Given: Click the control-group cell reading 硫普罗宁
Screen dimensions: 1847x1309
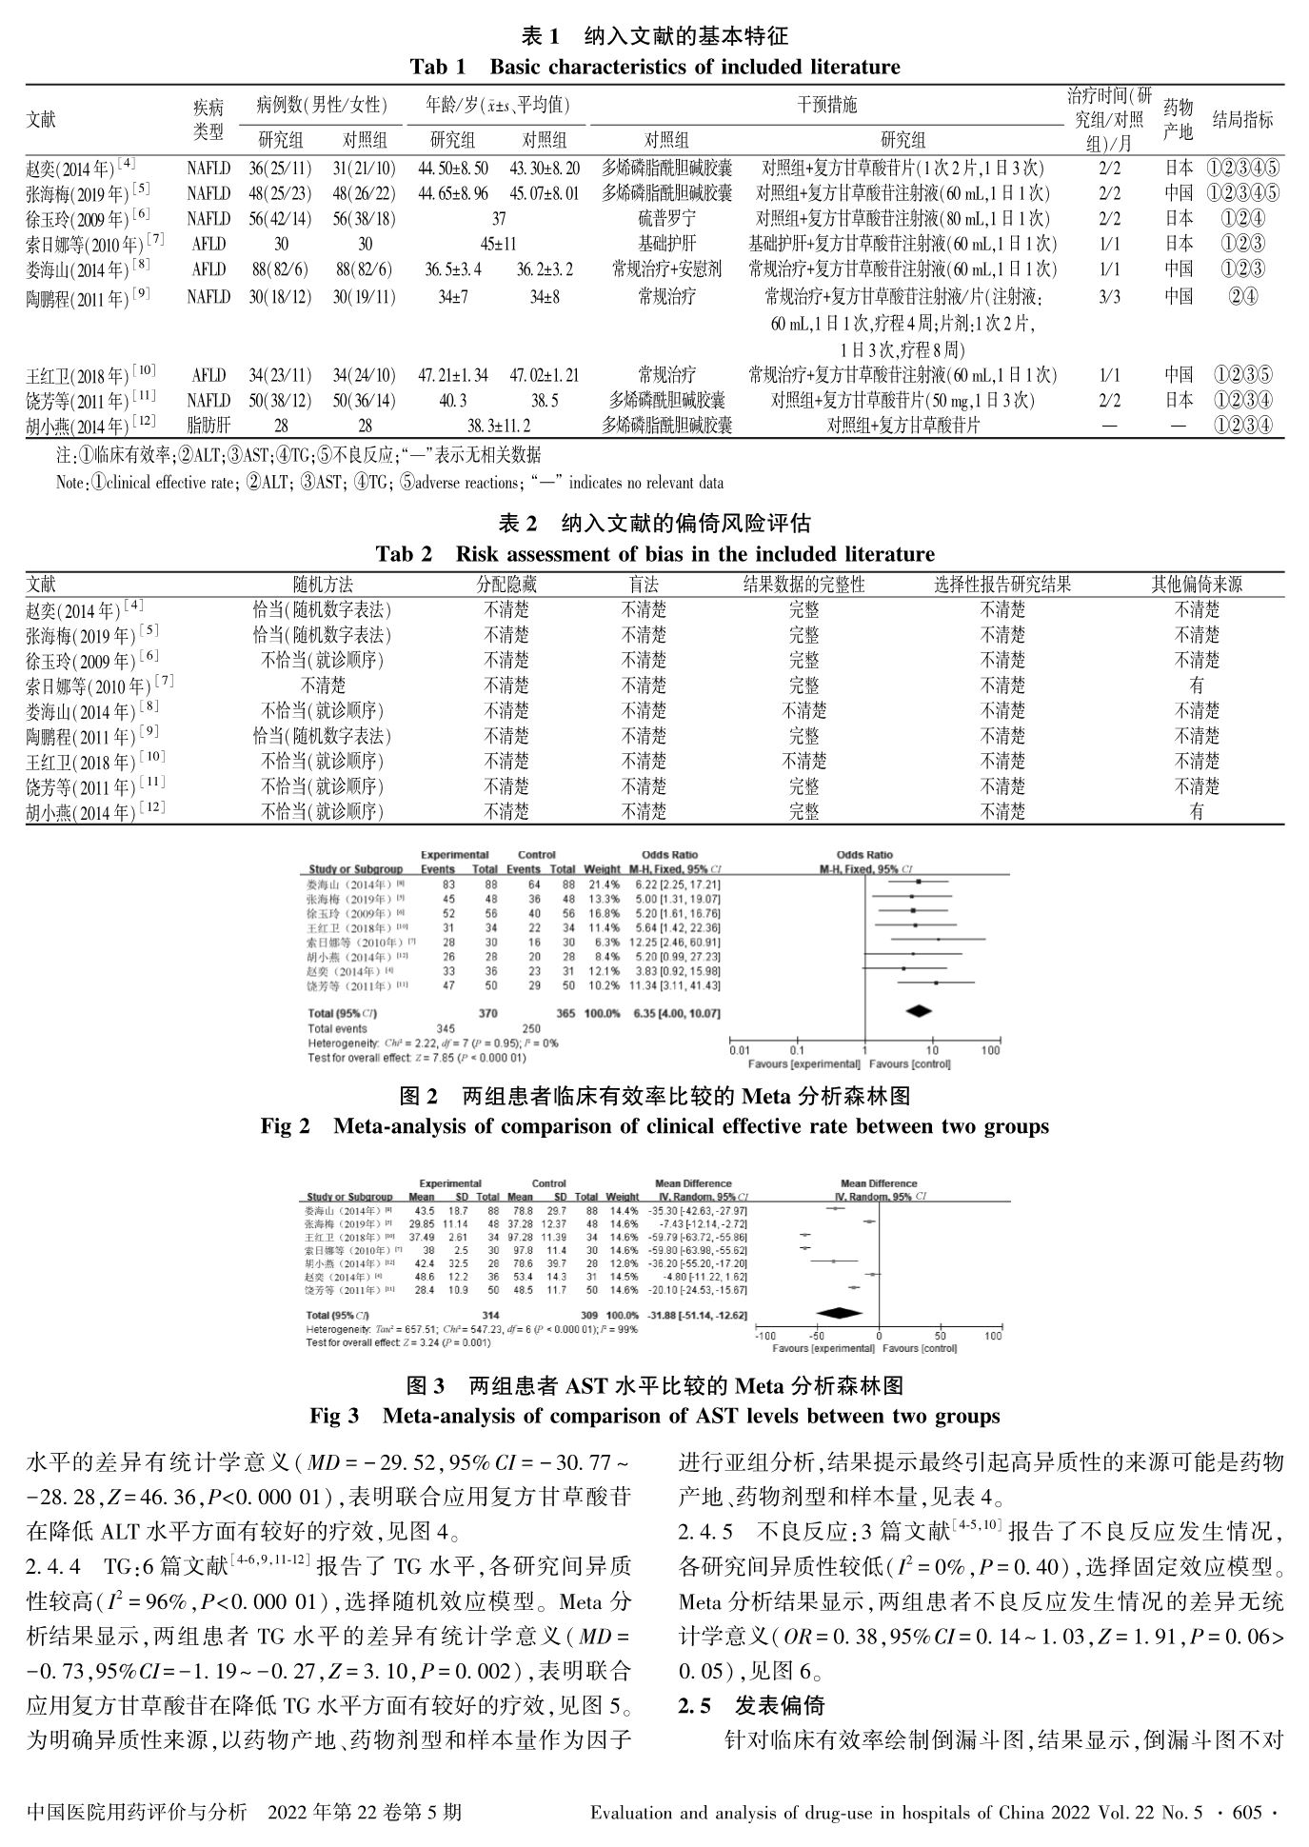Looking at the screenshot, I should click(x=666, y=219).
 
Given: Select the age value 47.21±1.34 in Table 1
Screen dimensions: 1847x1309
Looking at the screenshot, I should click(x=453, y=375).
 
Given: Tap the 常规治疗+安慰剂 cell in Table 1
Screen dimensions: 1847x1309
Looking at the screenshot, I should click(x=666, y=269).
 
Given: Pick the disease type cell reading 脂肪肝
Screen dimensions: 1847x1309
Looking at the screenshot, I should click(x=208, y=426).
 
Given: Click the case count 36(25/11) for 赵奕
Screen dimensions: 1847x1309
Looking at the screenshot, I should click(x=280, y=169).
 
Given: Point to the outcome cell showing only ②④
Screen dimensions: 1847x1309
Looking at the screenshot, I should click(x=1242, y=296).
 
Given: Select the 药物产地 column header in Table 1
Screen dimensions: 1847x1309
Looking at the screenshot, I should click(x=1178, y=119).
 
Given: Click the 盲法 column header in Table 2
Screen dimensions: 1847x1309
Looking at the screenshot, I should click(x=644, y=585).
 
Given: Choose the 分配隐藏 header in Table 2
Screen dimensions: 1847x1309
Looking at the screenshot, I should click(x=506, y=585).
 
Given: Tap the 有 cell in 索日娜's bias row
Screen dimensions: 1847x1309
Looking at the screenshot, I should click(x=1197, y=685).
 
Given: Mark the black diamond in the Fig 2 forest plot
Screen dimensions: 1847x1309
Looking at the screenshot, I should click(x=918, y=1011).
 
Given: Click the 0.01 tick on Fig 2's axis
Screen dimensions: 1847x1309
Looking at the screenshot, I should click(x=740, y=1051).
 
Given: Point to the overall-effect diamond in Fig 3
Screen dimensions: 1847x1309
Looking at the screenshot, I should click(x=840, y=1314).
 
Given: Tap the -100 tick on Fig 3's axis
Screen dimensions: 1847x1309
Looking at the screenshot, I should click(x=765, y=1336).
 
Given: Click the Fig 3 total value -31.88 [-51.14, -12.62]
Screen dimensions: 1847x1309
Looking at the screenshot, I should click(x=703, y=1315).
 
